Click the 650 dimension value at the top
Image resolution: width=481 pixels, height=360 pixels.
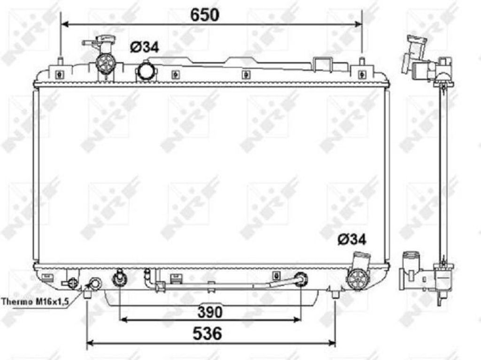[205, 15]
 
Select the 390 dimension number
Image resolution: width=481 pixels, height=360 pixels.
[210, 312]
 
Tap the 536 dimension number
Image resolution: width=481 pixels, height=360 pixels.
[207, 333]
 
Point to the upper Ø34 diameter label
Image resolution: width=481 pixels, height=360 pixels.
[144, 47]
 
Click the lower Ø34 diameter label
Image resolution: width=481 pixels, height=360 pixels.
[352, 239]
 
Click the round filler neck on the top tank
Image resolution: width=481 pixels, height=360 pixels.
[147, 72]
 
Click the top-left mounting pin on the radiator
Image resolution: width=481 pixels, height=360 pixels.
[61, 61]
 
